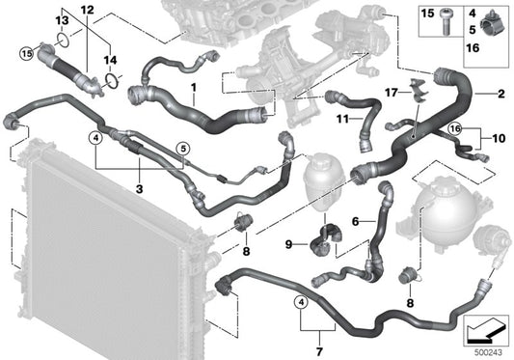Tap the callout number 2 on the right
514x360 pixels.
[501, 94]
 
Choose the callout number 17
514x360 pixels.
[391, 92]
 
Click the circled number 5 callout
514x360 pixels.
[181, 148]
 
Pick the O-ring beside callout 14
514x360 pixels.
[113, 80]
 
